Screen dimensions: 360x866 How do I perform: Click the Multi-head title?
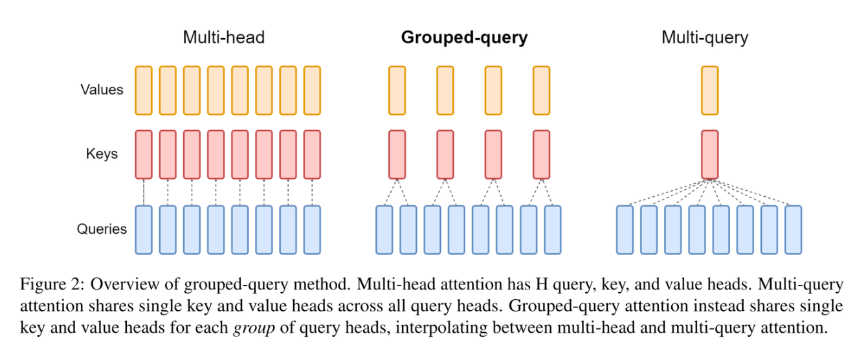(x=223, y=38)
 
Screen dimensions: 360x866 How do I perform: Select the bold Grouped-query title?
(x=464, y=38)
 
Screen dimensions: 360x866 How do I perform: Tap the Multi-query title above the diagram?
(x=704, y=38)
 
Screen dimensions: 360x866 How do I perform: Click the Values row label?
(x=102, y=89)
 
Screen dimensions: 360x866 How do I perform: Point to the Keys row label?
(x=102, y=154)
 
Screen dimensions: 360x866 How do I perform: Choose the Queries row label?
(x=102, y=229)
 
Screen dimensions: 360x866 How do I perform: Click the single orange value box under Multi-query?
(x=710, y=89)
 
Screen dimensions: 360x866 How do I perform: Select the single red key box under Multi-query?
(x=710, y=154)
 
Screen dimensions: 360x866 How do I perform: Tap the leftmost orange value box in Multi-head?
(x=144, y=89)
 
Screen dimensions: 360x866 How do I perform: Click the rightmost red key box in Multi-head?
(x=312, y=154)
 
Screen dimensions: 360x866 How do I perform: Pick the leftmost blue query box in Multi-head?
(x=144, y=229)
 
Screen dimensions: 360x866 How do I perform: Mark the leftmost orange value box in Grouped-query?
(x=397, y=89)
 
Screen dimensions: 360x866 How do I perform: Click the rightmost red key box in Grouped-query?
(x=541, y=154)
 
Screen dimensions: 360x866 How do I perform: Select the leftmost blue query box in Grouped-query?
(x=384, y=229)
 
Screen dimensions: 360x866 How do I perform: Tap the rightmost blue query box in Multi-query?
(x=793, y=229)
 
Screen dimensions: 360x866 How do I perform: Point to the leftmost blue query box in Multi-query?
(x=625, y=229)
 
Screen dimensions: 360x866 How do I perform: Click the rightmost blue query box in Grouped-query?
(x=553, y=229)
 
